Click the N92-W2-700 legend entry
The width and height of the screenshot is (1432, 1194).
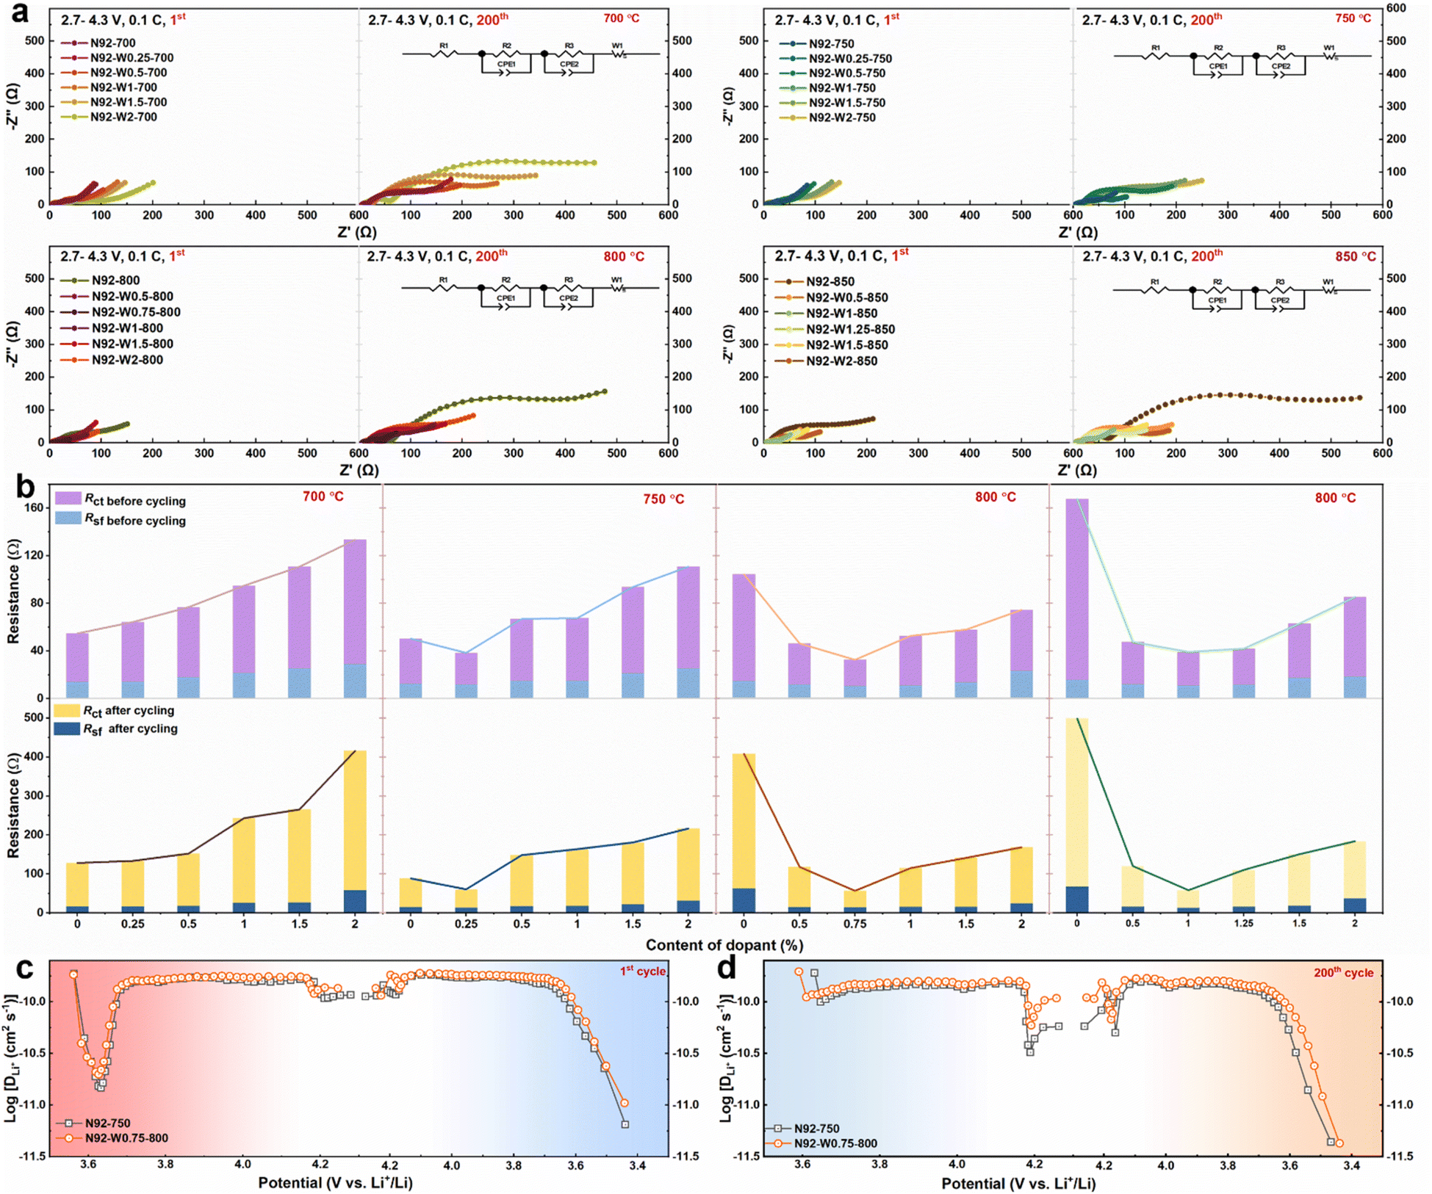tap(123, 117)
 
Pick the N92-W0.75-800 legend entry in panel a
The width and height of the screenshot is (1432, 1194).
tap(135, 312)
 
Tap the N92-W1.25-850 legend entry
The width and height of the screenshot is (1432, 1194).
tap(849, 330)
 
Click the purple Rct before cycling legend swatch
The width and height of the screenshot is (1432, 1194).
tap(68, 499)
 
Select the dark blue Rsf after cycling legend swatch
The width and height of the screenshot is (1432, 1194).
tap(68, 728)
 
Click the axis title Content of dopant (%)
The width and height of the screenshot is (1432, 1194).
tap(724, 945)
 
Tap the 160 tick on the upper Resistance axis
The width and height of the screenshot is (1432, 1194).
tap(34, 507)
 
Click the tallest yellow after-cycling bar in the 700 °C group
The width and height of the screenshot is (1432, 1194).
tap(355, 830)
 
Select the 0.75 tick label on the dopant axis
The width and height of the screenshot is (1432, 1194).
tap(854, 924)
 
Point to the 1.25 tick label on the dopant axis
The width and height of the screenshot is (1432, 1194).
tap(1243, 924)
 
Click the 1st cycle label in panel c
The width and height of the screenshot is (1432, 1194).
tap(642, 971)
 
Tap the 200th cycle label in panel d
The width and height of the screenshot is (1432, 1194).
tap(1343, 972)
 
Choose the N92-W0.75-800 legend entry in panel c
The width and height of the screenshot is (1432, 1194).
tap(126, 1138)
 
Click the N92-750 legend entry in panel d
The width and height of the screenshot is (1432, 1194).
tap(816, 1128)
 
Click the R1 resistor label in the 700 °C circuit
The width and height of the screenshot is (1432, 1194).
tap(443, 46)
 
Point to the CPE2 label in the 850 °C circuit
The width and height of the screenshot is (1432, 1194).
tap(1279, 300)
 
